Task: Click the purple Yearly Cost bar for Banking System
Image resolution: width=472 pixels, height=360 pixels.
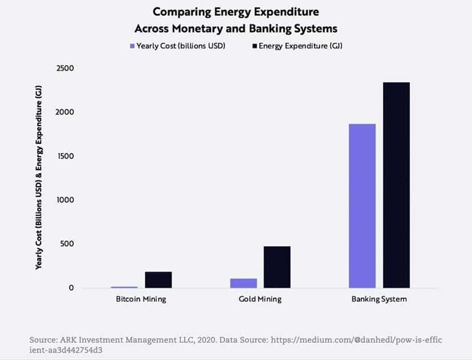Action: click(x=361, y=205)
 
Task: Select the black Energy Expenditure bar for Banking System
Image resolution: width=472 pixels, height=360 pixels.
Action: click(x=396, y=185)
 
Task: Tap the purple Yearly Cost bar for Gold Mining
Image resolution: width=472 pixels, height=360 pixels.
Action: click(x=243, y=283)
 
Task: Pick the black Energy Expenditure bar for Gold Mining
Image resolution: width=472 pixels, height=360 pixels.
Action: click(x=276, y=267)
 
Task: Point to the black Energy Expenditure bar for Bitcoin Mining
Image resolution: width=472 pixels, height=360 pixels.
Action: click(x=158, y=280)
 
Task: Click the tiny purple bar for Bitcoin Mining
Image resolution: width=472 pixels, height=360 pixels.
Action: click(x=124, y=287)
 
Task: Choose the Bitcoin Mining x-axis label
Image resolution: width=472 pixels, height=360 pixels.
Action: click(x=141, y=299)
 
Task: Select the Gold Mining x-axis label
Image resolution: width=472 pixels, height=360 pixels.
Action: click(x=260, y=299)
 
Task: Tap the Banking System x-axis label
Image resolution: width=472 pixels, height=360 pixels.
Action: click(x=379, y=299)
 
